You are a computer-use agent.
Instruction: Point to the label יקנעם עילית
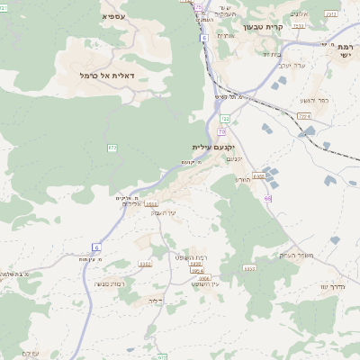tap(213, 147)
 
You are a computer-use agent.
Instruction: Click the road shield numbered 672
tap(112, 148)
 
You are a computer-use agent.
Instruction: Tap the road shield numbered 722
tap(225, 119)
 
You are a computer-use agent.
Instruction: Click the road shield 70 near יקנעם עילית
tap(221, 132)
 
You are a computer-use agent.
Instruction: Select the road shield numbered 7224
tap(304, 116)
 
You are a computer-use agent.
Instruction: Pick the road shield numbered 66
tap(268, 198)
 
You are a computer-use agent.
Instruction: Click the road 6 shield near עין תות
tap(96, 247)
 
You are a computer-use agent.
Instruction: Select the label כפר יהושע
tap(316, 100)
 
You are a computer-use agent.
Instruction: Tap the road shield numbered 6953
tap(259, 175)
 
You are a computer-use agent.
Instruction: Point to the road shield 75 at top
tap(198, 7)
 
